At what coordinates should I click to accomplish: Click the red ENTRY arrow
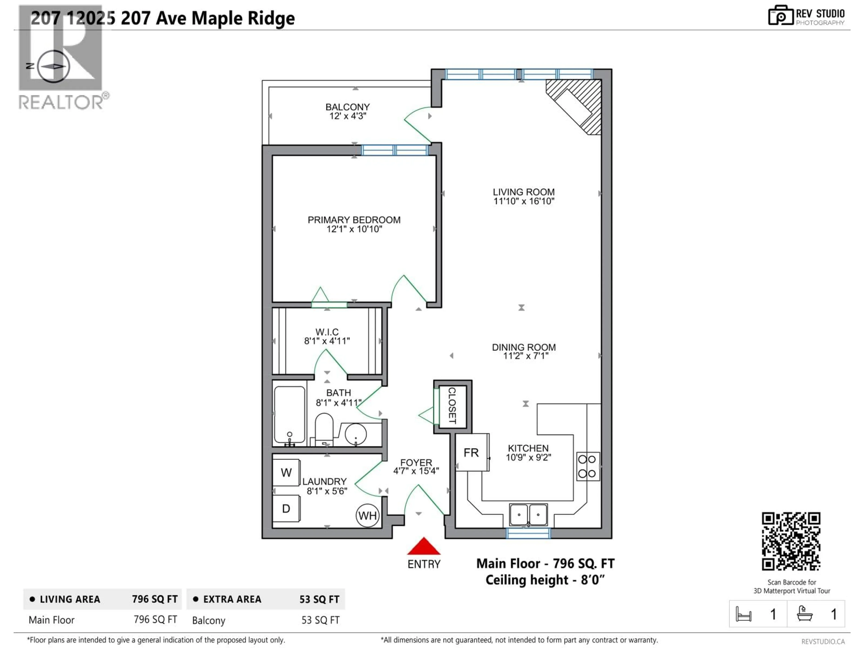point(424,547)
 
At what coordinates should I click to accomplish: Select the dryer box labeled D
point(286,508)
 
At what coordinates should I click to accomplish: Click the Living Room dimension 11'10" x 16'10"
point(524,201)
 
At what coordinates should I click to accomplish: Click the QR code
point(791,541)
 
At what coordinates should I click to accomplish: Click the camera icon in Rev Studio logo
point(780,16)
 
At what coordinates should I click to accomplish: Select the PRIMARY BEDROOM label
point(354,220)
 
